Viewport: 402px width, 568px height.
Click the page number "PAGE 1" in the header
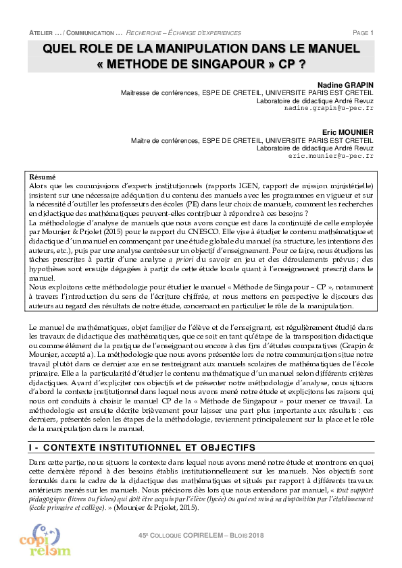[363, 32]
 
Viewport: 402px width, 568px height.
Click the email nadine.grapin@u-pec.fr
[328, 108]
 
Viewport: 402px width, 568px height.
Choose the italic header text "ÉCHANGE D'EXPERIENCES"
[204, 32]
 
